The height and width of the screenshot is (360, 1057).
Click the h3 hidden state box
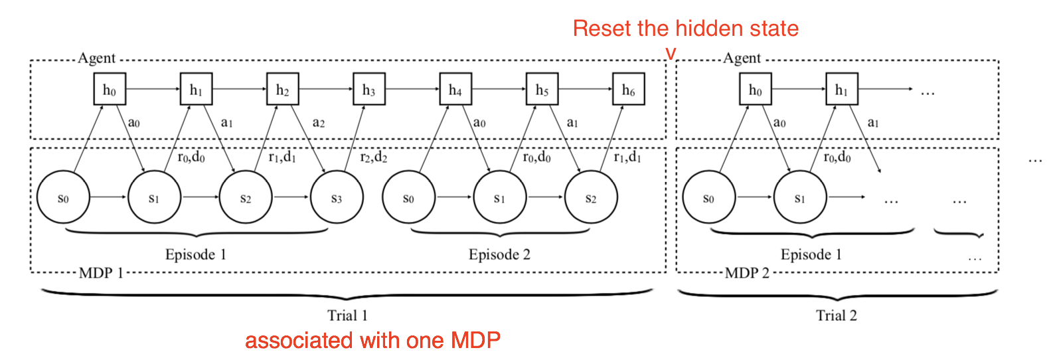[x=369, y=90]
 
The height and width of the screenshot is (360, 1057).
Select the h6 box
[x=629, y=90]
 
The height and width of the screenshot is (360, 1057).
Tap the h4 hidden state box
[x=455, y=90]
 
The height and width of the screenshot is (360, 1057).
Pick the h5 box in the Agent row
[x=542, y=90]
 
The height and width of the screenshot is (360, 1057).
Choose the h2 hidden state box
[x=283, y=90]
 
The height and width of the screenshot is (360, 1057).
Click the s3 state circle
[x=337, y=198]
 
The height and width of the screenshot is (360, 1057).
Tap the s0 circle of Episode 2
[x=408, y=198]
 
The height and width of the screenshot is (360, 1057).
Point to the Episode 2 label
[x=499, y=254]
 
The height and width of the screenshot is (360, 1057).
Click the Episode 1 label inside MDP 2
[x=811, y=254]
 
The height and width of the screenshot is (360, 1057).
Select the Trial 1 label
[x=347, y=315]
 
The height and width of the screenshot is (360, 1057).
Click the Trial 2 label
[x=836, y=315]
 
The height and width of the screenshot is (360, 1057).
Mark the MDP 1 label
[x=101, y=273]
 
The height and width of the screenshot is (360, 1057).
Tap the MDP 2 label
[x=747, y=273]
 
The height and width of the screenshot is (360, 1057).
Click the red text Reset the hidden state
[x=685, y=29]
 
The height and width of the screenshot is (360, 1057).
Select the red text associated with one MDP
[x=372, y=341]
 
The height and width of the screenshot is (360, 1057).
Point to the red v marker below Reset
[x=671, y=54]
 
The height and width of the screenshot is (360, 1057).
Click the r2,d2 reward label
[x=373, y=157]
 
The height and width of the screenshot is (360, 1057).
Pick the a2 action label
[x=319, y=123]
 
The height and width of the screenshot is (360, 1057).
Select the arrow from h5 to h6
[x=585, y=90]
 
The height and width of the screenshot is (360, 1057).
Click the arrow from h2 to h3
[x=325, y=90]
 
